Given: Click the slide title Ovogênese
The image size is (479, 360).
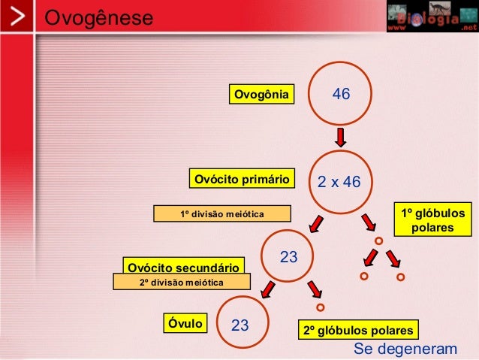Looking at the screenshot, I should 98,17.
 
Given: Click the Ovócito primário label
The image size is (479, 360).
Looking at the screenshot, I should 242,180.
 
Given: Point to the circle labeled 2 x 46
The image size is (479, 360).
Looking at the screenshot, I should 340,181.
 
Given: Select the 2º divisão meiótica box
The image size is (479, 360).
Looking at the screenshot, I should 171,282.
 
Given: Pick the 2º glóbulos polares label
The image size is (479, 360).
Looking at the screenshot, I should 357,330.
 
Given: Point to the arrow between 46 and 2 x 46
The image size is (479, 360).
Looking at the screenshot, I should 340,138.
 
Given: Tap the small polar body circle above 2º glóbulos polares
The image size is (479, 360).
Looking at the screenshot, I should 321,307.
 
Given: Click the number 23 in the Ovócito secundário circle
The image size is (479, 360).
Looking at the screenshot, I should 289,258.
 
